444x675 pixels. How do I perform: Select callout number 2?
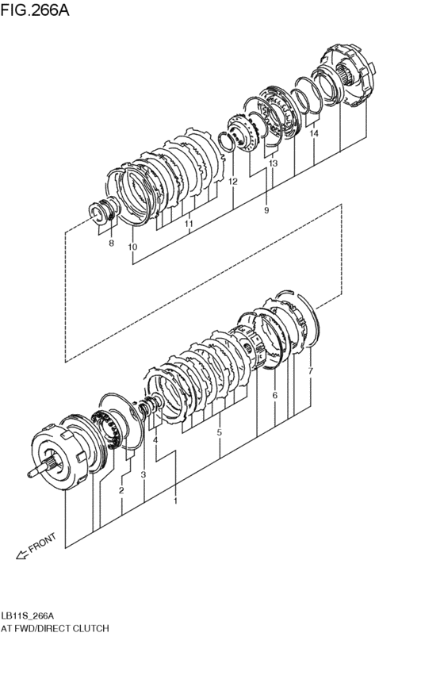(121, 490)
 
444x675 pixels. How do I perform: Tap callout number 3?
(144, 474)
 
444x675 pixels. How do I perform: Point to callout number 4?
(156, 439)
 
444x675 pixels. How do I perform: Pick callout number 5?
(219, 432)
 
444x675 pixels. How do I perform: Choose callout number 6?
(274, 394)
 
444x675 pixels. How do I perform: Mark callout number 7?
(310, 370)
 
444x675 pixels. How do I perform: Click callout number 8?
(111, 243)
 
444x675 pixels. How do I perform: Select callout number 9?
(266, 210)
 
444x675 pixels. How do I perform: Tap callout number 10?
(132, 247)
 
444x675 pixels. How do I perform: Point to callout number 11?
(189, 224)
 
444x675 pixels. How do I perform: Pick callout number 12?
(232, 182)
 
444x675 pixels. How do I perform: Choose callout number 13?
(273, 163)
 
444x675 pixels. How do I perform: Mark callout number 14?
(314, 135)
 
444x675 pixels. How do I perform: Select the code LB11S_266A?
(27, 616)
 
